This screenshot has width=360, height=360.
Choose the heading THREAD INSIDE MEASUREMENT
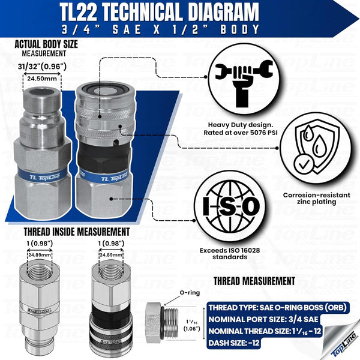point(76,231)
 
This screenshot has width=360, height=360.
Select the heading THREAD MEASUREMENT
point(254,281)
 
